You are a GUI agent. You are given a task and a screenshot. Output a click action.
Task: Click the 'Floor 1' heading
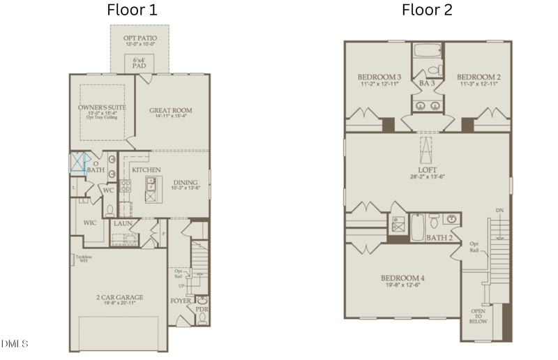[x=132, y=10]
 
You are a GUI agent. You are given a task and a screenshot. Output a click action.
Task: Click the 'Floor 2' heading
[x=427, y=10]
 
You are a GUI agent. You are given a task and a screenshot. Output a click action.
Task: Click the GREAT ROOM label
[x=171, y=110]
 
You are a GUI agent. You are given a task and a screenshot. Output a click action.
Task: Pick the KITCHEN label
[x=146, y=170]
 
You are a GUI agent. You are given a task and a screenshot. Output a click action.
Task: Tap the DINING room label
[x=186, y=183]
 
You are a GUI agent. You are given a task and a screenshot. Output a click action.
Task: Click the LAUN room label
[x=123, y=223]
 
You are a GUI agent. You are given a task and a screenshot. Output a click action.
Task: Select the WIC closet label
[x=89, y=223]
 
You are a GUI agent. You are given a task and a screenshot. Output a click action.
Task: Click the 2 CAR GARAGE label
[x=120, y=298]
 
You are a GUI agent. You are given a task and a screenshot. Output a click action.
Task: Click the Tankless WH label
[x=84, y=258]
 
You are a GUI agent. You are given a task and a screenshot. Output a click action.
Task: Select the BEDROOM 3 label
[x=379, y=77]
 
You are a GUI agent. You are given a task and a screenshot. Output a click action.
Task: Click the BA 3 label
[x=427, y=83]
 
